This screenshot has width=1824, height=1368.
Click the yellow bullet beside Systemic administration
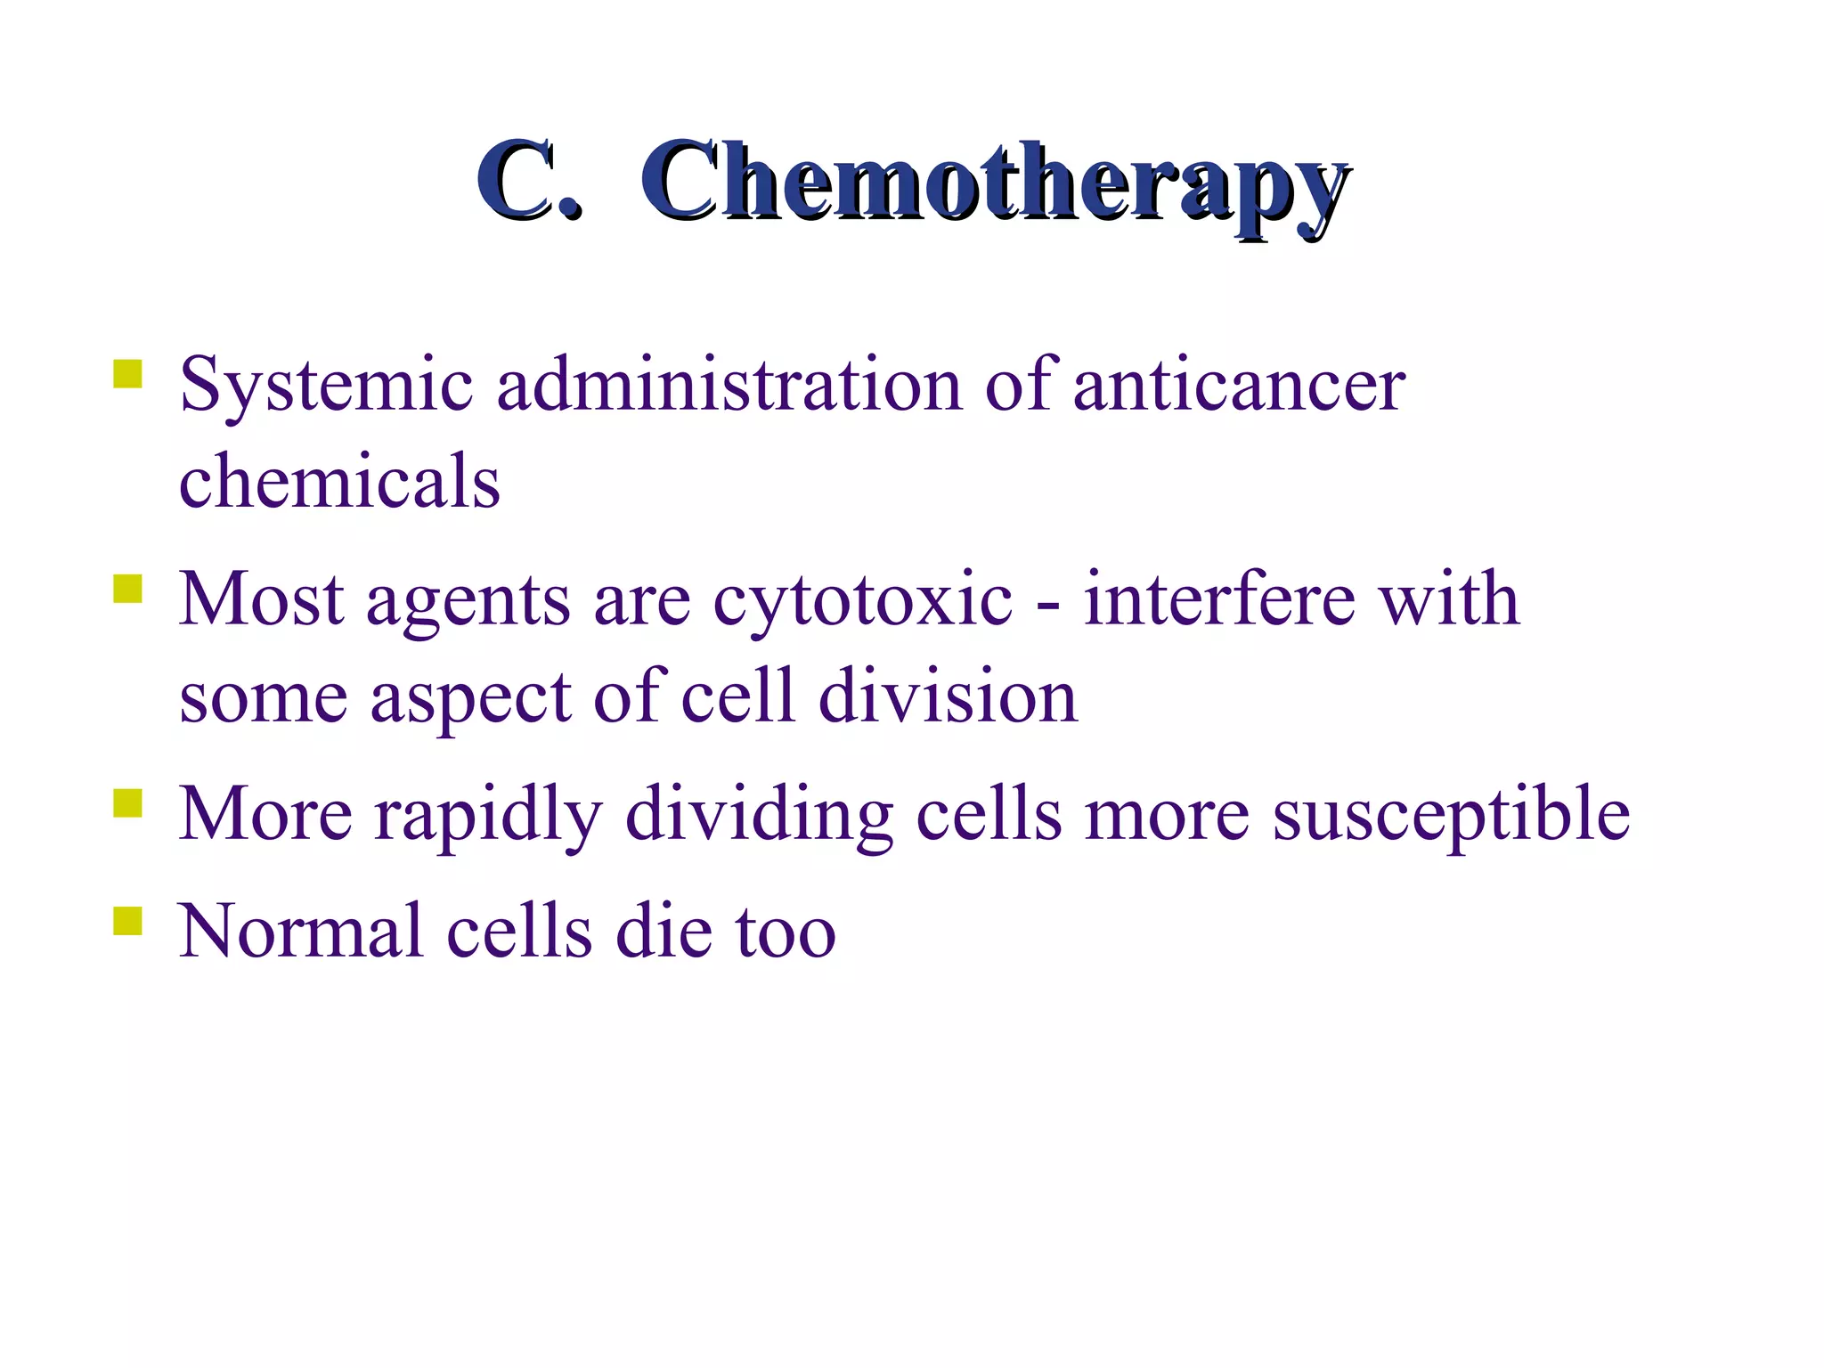tap(128, 373)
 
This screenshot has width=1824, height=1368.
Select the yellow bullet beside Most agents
tap(128, 589)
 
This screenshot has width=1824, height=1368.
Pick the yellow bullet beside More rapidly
tap(128, 802)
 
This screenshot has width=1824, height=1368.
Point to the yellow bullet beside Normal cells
tap(128, 921)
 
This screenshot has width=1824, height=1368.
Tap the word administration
tap(729, 384)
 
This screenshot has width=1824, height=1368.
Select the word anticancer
tap(1239, 384)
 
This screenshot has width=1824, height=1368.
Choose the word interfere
tap(1219, 598)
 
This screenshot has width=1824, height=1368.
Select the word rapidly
tap(488, 815)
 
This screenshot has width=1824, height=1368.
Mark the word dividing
tap(760, 815)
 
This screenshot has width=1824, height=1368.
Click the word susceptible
tap(1451, 815)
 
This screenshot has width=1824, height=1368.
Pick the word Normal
tap(301, 931)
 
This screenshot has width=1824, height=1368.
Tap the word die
tap(664, 931)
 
